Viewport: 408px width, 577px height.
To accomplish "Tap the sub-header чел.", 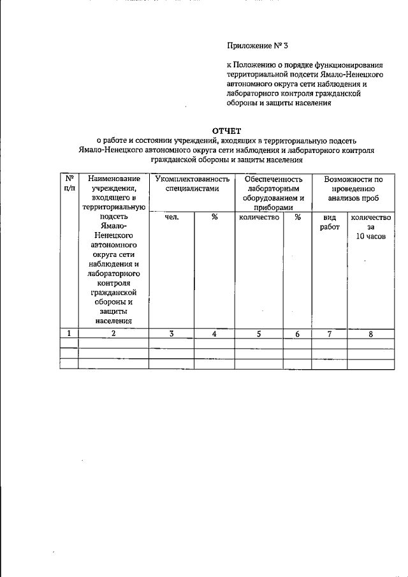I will (171, 217).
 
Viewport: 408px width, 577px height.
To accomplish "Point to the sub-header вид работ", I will (330, 222).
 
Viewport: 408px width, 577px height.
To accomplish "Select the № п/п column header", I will (68, 184).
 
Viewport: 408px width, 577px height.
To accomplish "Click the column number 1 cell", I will (68, 333).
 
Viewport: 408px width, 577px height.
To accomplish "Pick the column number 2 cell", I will (113, 333).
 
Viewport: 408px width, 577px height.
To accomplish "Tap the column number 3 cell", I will (171, 333).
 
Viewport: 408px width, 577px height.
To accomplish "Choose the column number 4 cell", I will (214, 333).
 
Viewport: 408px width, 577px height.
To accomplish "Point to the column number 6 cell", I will (297, 333).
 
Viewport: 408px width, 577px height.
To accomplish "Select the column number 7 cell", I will (330, 333).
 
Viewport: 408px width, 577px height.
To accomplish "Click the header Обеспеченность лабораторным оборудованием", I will (273, 193).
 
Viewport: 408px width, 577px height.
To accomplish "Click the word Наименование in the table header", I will (114, 180).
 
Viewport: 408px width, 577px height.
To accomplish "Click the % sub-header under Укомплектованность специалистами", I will (215, 217).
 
